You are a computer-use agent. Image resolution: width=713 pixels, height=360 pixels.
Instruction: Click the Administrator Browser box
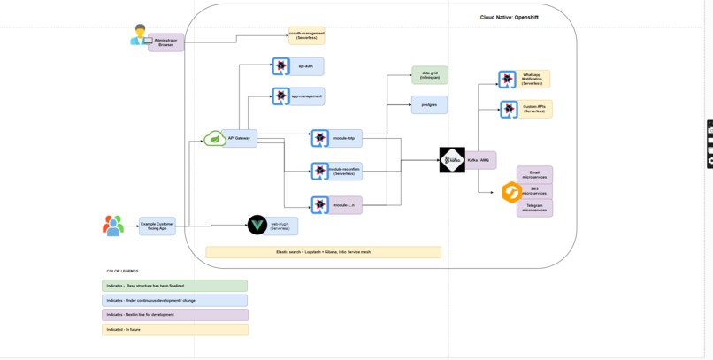165,42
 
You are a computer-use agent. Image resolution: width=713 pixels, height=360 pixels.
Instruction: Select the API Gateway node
240,138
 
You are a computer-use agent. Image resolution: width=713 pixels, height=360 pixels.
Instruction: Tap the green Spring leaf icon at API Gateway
214,139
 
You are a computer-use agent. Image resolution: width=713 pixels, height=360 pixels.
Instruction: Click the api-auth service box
306,66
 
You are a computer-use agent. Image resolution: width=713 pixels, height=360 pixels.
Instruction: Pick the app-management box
306,96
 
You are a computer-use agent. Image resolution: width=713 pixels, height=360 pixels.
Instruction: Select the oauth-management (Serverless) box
306,35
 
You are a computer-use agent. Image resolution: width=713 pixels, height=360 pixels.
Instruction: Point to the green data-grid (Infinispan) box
429,75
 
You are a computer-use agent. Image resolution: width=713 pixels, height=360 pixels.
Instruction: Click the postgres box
429,104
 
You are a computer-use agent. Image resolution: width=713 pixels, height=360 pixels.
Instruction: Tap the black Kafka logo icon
452,160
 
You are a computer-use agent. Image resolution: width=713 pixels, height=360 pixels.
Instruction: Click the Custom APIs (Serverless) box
533,109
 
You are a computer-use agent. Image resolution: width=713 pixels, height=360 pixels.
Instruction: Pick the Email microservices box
534,174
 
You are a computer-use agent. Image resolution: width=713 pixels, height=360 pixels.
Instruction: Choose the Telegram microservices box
534,208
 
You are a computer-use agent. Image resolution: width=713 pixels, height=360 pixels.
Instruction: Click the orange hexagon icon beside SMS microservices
511,192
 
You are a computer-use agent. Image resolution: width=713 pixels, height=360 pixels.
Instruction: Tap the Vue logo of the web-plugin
257,226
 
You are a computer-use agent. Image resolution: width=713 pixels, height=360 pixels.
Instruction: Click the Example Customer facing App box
157,226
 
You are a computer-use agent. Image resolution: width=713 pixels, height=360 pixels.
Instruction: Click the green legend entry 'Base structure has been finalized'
174,286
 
